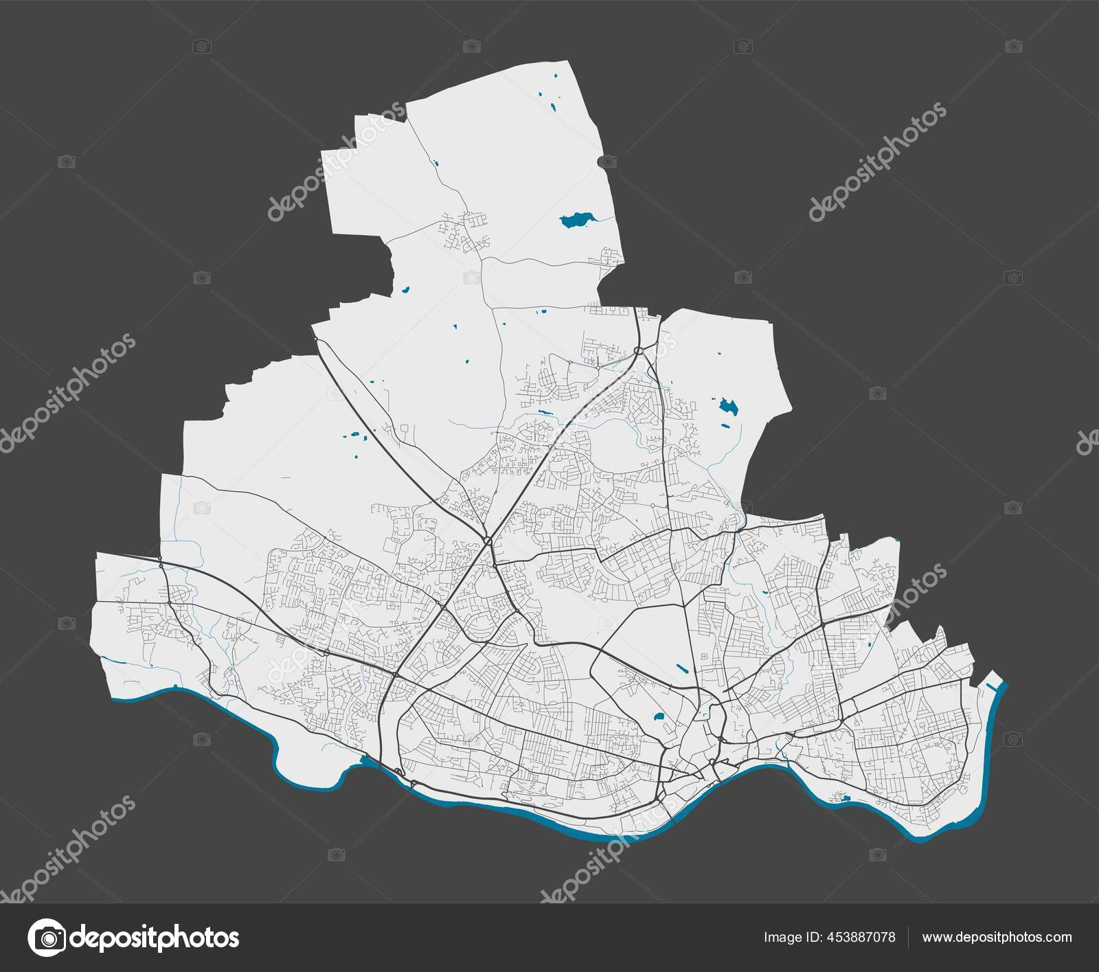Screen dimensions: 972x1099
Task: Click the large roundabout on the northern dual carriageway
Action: click(x=638, y=350)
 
